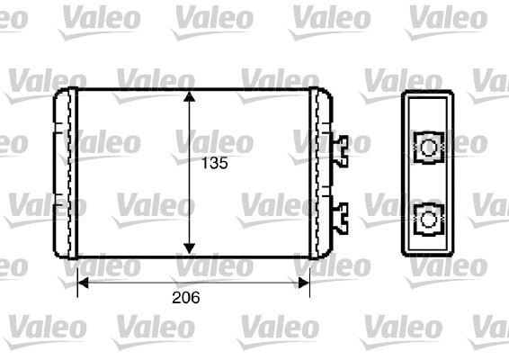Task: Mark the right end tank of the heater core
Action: pos(320,171)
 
